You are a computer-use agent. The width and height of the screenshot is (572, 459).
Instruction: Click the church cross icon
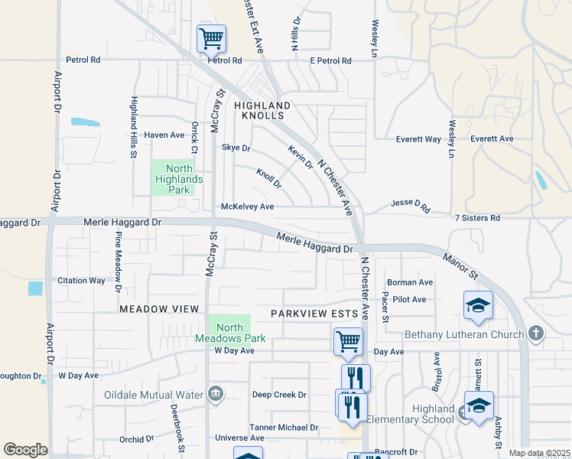536,334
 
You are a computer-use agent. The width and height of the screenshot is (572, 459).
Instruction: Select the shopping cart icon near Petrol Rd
211,37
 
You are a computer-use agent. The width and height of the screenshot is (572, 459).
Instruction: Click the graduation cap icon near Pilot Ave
478,305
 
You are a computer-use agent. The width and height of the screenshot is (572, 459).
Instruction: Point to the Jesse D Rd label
411,204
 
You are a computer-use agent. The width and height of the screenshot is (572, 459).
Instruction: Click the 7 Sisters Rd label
477,218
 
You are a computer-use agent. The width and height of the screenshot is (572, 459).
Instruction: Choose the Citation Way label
81,281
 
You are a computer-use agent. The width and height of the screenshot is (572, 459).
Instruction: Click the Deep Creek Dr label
279,395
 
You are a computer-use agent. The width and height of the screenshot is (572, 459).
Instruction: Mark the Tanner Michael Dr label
283,428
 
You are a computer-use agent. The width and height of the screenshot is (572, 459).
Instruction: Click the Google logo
25,450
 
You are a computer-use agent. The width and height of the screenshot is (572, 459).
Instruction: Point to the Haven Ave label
164,135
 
